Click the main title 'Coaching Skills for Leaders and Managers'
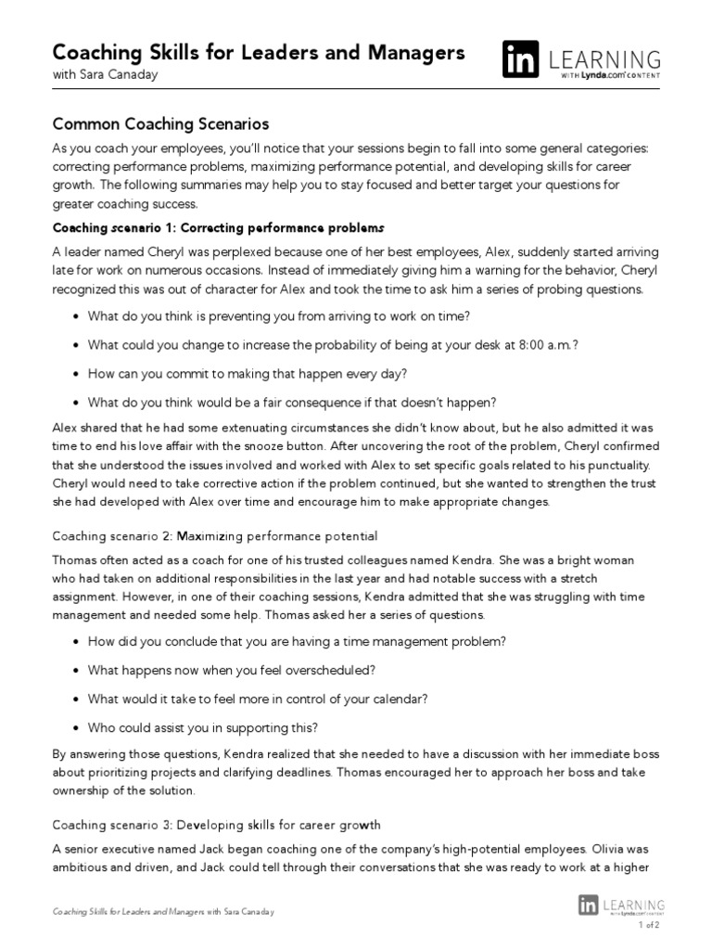coord(259,53)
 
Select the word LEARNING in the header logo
coord(604,60)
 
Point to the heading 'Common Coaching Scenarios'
coord(160,123)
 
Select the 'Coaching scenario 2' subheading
coord(215,536)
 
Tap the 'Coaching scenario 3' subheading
coord(216,825)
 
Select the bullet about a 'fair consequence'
coord(292,402)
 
